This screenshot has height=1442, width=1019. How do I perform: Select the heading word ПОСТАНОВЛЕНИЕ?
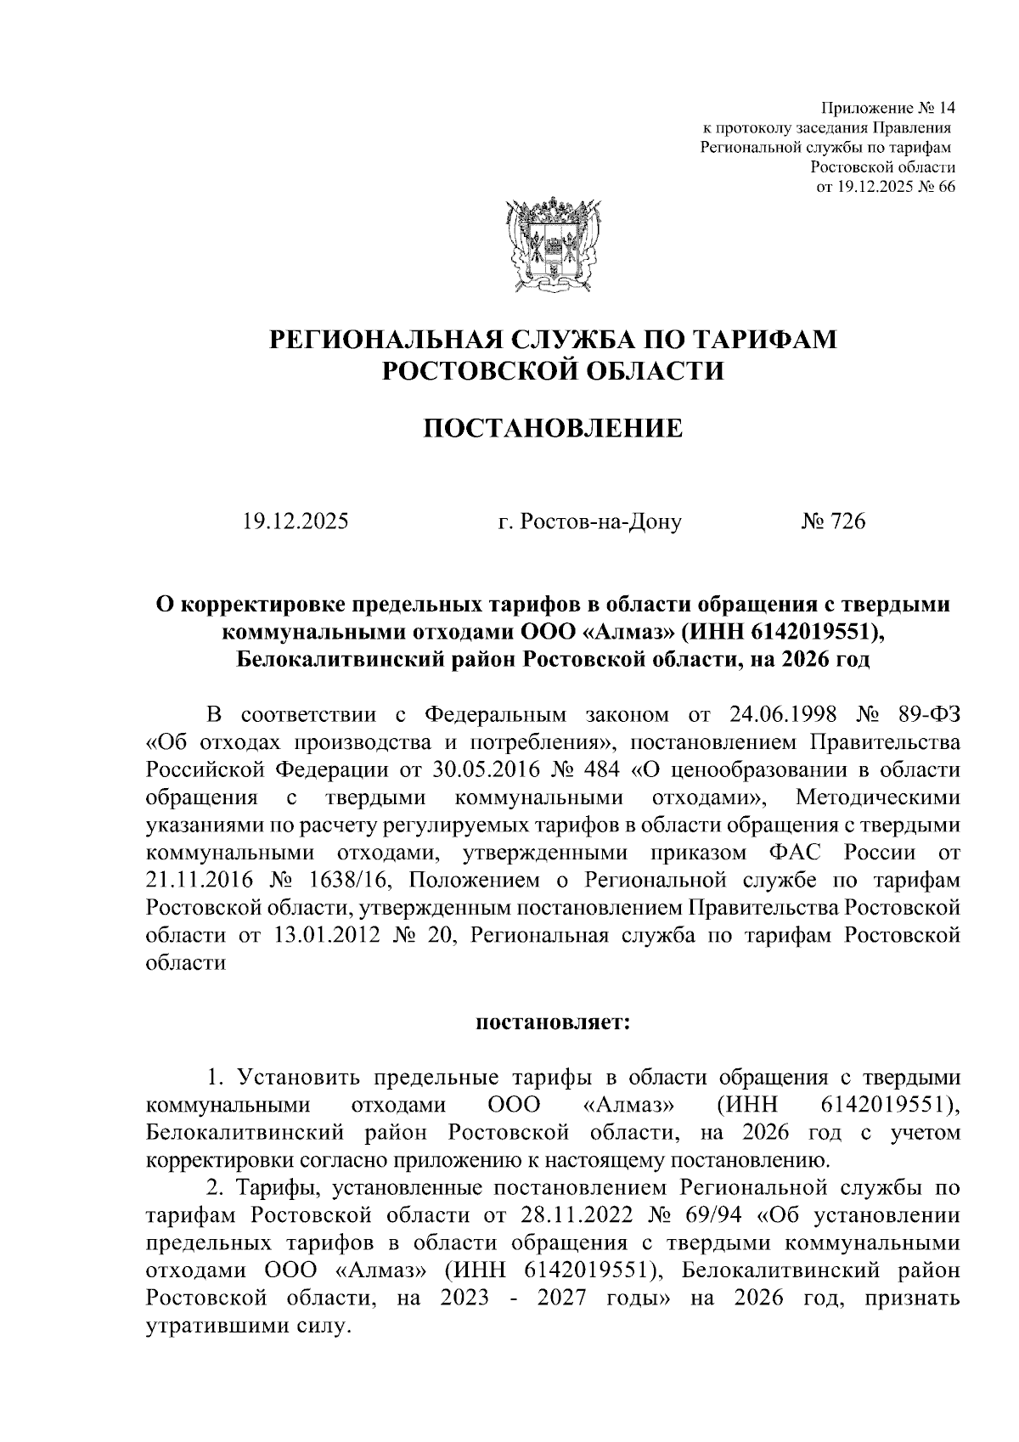pos(553,428)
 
